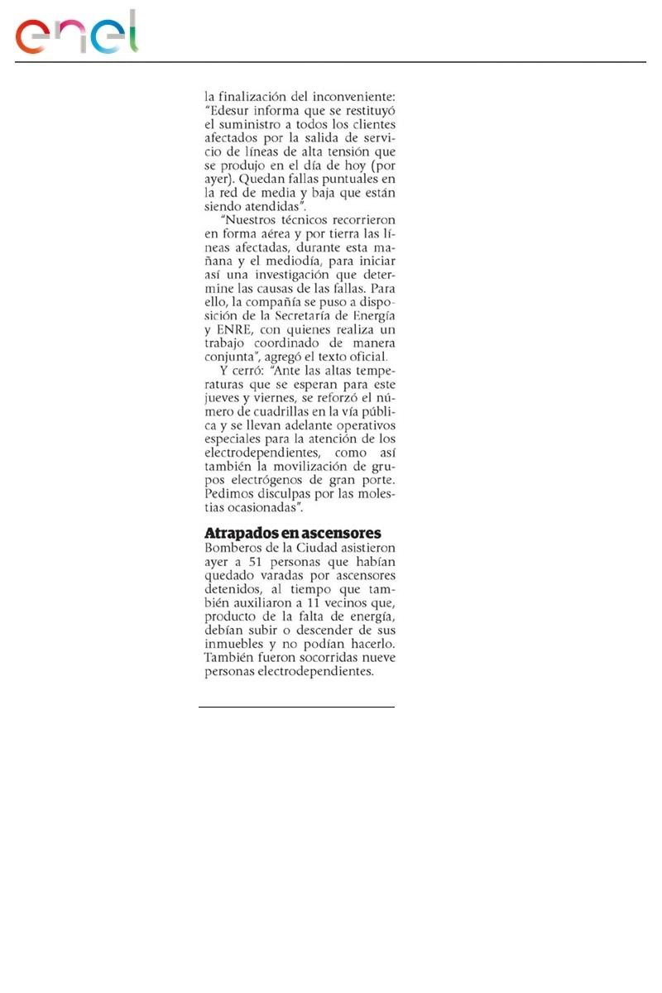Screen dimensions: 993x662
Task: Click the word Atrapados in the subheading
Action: point(240,533)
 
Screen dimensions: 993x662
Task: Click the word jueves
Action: point(223,401)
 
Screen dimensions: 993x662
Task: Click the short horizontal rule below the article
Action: point(296,708)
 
